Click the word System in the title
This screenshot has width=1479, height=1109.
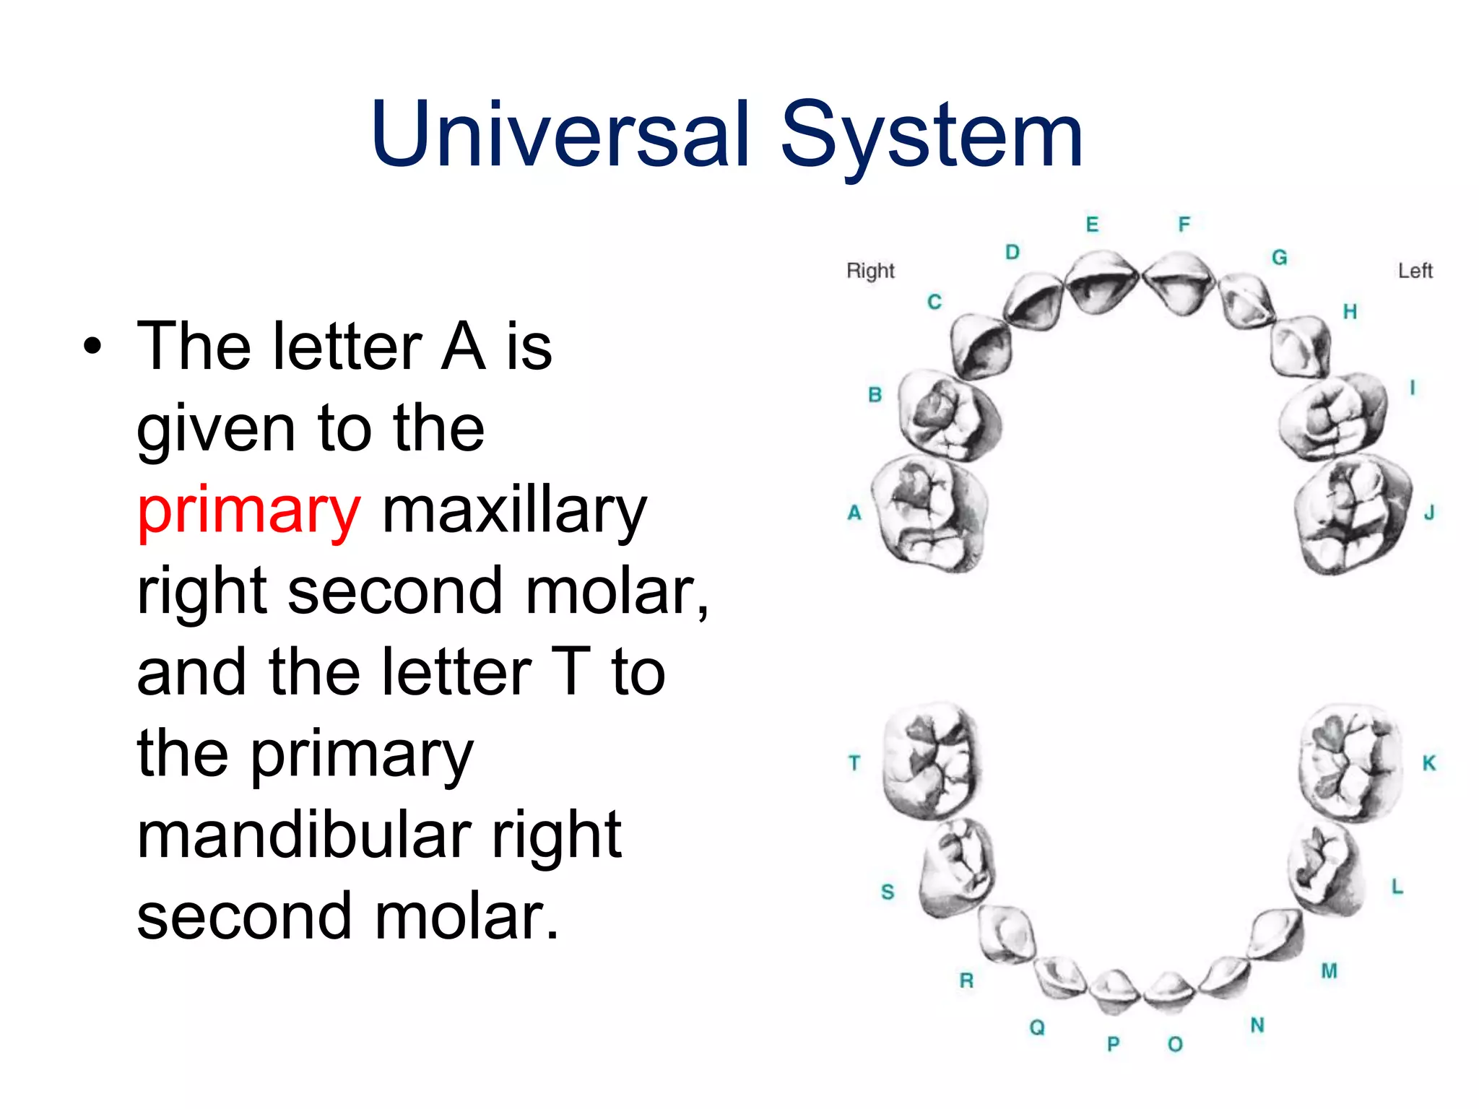tap(932, 135)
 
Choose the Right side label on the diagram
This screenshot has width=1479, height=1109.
tap(870, 271)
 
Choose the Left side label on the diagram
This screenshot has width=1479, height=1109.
tap(1415, 271)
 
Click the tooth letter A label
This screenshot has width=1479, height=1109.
tap(854, 513)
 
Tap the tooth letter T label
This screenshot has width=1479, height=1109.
tap(854, 762)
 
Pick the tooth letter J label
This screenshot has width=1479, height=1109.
tap(1429, 513)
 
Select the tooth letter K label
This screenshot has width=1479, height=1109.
tap(1429, 763)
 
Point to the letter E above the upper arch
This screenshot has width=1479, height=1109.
tap(1092, 225)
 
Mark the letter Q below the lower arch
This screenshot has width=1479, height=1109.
tap(1037, 1027)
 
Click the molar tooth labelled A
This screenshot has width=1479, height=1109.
tap(929, 513)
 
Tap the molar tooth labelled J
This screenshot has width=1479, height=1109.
tap(1352, 516)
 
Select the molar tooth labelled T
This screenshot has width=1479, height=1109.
tap(930, 762)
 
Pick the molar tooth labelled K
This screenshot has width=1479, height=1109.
tap(1350, 762)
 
